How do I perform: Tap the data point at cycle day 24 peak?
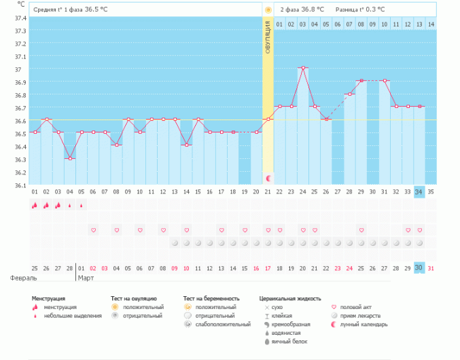[303, 68]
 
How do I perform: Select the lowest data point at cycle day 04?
[70, 158]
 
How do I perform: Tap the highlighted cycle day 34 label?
[419, 192]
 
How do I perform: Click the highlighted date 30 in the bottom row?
[419, 268]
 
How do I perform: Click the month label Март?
[86, 278]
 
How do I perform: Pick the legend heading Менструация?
[48, 298]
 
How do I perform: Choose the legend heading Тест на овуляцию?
[134, 298]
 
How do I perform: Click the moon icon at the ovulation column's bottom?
[268, 178]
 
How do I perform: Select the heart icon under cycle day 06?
[93, 231]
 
